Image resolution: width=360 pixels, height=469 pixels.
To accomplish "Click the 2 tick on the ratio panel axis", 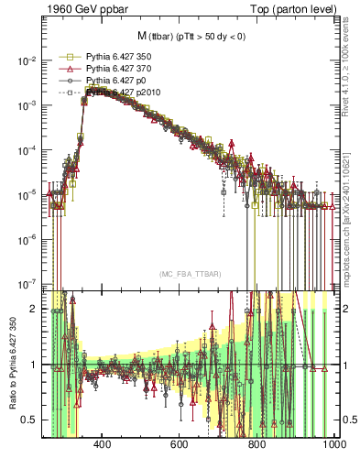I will coord(35,309).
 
